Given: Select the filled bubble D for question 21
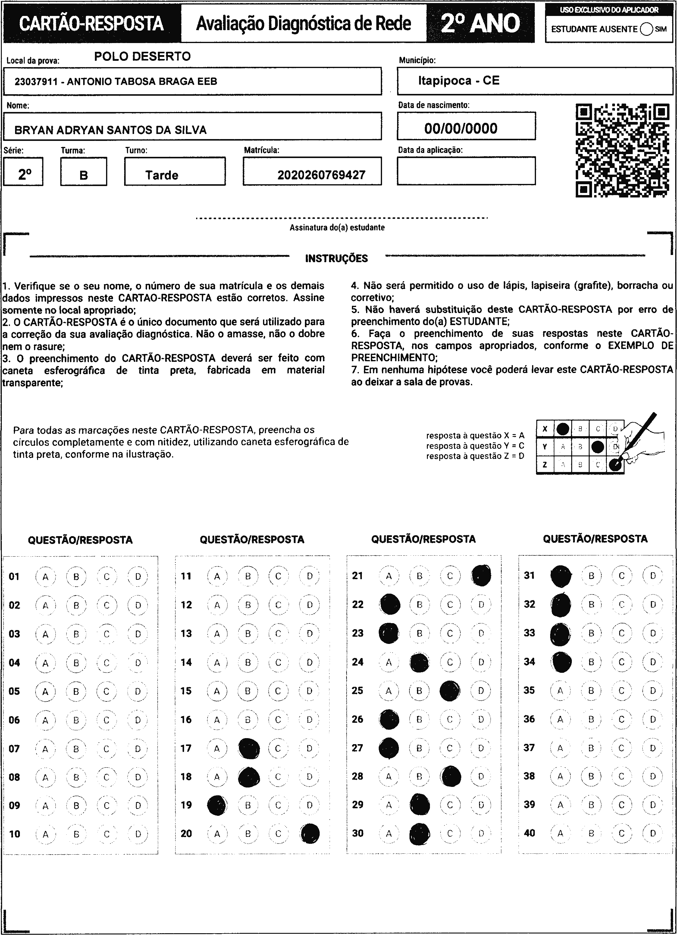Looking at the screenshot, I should [481, 576].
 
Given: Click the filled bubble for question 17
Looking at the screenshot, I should [249, 748].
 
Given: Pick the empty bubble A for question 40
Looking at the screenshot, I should [560, 833].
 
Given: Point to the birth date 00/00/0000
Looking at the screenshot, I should [461, 129].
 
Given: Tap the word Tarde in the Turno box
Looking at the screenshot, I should [162, 175].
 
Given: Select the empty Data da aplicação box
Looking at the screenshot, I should [466, 171].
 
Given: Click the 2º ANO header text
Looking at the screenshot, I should [480, 23].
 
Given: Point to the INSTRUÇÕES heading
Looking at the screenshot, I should [336, 259].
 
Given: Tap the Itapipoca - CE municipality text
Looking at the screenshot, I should [458, 80].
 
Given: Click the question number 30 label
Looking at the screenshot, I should [358, 833].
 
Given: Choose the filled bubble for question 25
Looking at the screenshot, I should [450, 691].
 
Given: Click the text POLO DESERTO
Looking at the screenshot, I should [142, 57].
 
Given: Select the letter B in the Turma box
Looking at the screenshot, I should [84, 176].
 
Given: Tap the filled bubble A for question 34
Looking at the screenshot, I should [561, 662].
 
